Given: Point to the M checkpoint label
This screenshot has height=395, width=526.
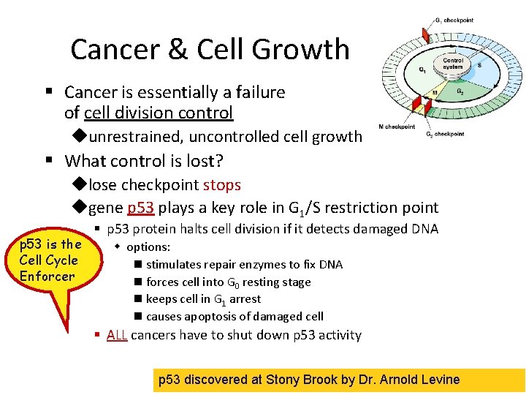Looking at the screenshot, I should [x=397, y=127].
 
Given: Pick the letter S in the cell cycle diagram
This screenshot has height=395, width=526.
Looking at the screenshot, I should [x=479, y=65].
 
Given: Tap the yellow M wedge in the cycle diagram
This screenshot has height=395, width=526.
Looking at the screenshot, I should [x=434, y=94].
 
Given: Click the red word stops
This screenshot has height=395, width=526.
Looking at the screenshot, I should [x=222, y=185].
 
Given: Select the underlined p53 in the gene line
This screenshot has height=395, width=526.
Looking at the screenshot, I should [x=140, y=208].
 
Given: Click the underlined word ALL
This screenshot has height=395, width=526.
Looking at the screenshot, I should [x=117, y=335].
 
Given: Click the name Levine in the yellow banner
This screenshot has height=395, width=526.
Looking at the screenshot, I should [x=439, y=380].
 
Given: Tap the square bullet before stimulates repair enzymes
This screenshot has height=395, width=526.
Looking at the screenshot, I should [x=137, y=265].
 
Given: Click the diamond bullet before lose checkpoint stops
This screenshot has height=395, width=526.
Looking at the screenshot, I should [x=80, y=186].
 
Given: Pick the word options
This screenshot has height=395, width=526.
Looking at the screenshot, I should [x=148, y=247].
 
